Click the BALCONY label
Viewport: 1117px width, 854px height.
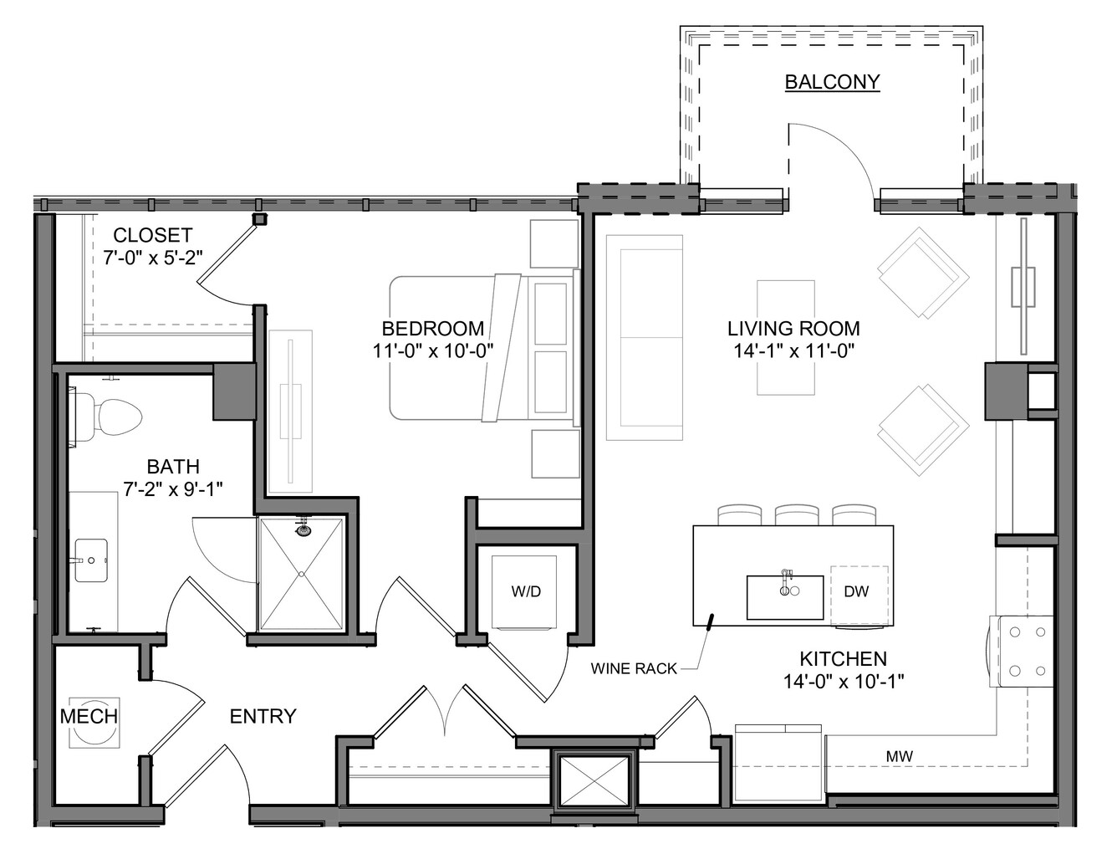coord(832,81)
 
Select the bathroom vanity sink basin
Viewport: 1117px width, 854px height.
coord(91,560)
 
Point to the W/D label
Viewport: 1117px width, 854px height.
coord(526,591)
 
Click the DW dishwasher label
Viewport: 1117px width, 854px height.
coord(856,591)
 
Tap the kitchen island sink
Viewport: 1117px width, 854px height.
coord(785,597)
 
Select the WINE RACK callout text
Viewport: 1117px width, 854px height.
coord(634,668)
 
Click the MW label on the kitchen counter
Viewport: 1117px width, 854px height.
coord(899,756)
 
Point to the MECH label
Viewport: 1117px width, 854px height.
coord(89,716)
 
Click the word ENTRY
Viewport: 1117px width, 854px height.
coord(263,716)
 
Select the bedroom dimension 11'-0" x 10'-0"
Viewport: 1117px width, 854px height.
coord(433,350)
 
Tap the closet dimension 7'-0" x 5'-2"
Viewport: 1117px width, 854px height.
coord(153,258)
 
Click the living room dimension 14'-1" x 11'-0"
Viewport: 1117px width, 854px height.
coord(793,350)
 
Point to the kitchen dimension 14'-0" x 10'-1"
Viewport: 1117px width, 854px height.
coord(844,681)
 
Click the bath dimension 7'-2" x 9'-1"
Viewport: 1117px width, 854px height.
coord(173,489)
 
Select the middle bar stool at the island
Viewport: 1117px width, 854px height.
coord(797,514)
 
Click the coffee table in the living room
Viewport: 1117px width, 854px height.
coord(786,337)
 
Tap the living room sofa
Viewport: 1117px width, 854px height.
coord(644,337)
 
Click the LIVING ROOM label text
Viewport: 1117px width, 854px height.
coord(793,328)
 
